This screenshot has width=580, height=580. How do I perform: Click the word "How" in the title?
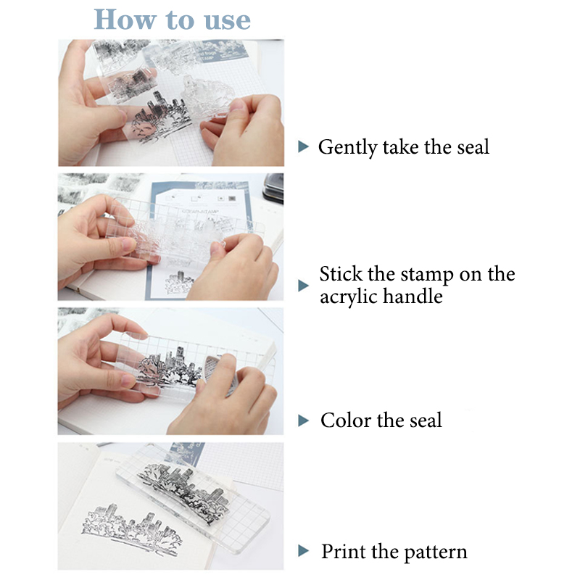[125, 20]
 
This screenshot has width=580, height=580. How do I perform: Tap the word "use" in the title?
[227, 21]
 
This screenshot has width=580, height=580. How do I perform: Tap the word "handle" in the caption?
[413, 296]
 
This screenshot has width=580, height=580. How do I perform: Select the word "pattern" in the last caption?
[436, 552]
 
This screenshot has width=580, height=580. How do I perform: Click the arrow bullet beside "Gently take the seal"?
[303, 146]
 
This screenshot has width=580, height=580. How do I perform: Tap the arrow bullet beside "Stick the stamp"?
[303, 286]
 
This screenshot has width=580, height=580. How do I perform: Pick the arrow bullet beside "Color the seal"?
[303, 420]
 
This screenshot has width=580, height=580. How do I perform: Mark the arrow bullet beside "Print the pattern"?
[303, 551]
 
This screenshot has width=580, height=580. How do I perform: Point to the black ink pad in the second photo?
[273, 188]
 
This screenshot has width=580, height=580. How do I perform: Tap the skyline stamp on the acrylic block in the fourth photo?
[183, 492]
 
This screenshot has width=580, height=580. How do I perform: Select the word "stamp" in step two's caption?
[427, 275]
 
